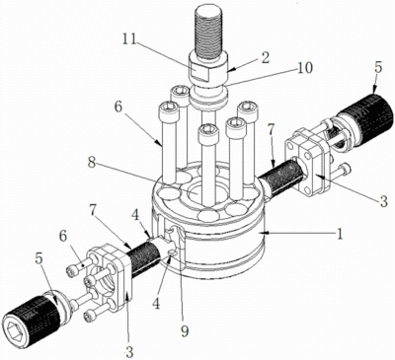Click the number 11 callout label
pos(129,39)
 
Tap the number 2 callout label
pos(266,58)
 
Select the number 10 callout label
pos(304,68)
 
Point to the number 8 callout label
pos(92,164)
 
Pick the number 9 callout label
pos(185,331)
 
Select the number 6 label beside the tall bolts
pos(118,108)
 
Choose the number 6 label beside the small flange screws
pos(62,236)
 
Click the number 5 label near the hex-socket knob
pos(39,258)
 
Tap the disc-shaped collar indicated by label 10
pos(208,98)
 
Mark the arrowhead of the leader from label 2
pos(229,70)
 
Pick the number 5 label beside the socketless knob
pos(378,68)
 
